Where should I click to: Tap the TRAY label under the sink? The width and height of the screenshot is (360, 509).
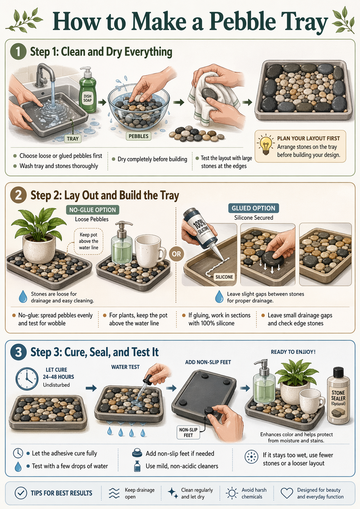[x=73, y=139]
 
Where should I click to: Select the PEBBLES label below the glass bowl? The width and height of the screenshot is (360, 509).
[x=139, y=136]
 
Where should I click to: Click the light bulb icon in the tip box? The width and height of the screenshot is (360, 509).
[x=265, y=145]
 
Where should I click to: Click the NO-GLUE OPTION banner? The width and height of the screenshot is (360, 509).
[x=92, y=210]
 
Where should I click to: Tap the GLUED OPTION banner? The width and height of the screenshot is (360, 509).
[x=253, y=208]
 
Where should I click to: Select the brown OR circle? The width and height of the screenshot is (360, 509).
[x=176, y=254]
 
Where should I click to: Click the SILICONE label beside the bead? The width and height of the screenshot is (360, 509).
[x=224, y=277]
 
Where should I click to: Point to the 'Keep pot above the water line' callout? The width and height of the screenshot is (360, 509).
[x=89, y=241]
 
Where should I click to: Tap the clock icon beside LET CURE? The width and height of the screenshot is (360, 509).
[x=27, y=379]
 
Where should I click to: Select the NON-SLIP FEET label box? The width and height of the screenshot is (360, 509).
[x=188, y=432]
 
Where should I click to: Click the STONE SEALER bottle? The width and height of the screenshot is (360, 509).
[x=338, y=396]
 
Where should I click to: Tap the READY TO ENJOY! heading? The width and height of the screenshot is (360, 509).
[x=293, y=352]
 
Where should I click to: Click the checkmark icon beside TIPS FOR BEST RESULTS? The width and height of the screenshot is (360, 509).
[x=21, y=493]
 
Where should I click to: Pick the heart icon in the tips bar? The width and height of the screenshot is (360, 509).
[x=287, y=493]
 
